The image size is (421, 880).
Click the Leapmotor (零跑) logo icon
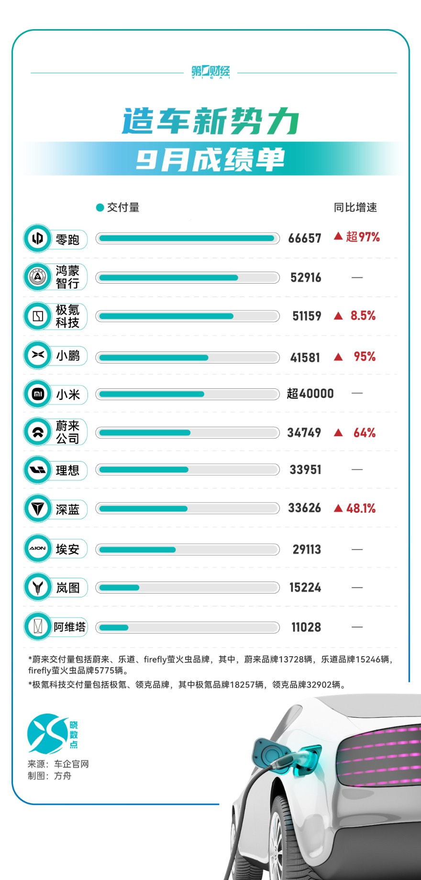click(x=37, y=238)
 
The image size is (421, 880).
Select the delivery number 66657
click(x=305, y=238)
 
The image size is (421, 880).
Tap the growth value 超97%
click(x=363, y=237)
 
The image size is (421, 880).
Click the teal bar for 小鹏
click(x=154, y=358)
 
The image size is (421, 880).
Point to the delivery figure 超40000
click(x=310, y=394)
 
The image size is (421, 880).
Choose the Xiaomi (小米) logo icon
click(x=37, y=394)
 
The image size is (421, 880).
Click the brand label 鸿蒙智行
click(x=67, y=277)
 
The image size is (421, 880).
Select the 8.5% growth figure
click(x=363, y=316)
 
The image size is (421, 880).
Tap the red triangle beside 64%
click(x=339, y=433)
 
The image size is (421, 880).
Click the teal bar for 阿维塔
click(x=114, y=627)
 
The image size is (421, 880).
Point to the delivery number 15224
click(x=305, y=588)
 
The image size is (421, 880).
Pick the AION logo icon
click(x=37, y=549)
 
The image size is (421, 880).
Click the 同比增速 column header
click(x=355, y=208)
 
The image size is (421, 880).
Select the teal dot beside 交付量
click(x=100, y=208)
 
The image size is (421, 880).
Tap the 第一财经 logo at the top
click(x=210, y=72)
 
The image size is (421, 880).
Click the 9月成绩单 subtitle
click(x=210, y=160)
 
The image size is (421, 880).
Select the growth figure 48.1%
click(x=361, y=508)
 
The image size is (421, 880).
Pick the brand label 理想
click(x=67, y=471)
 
